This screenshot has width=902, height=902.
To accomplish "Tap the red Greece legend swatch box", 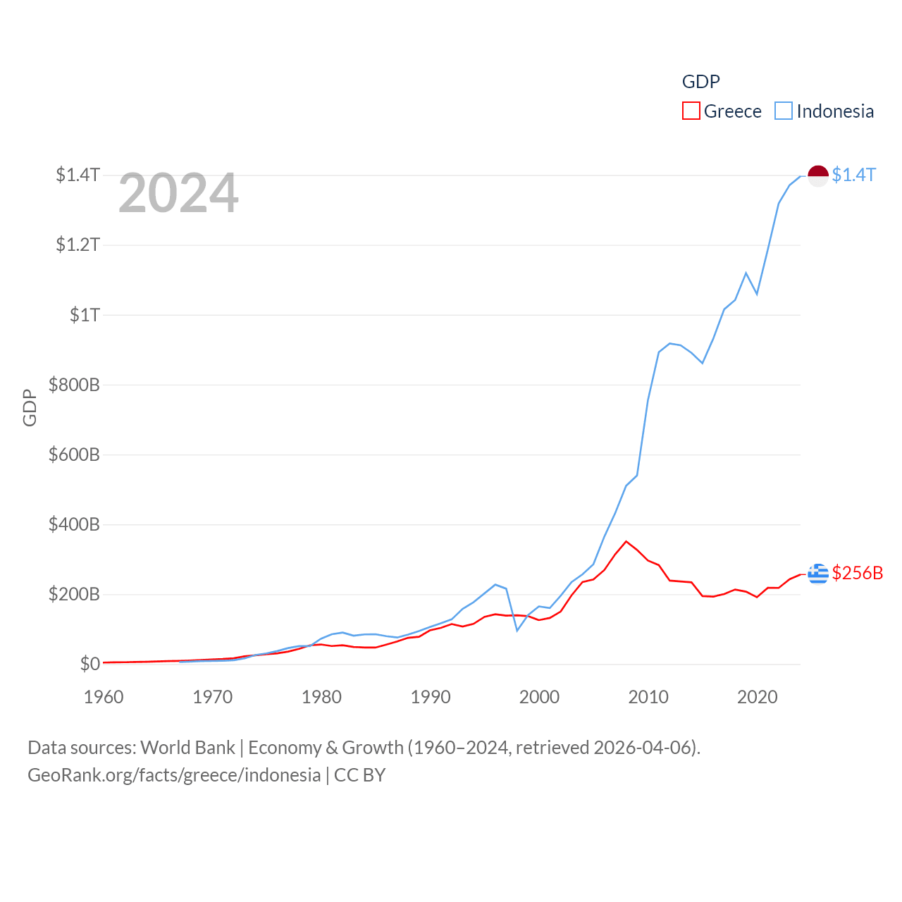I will (691, 111).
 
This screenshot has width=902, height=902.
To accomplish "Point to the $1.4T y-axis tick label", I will (78, 175).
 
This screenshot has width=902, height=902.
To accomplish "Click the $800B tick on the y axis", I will (74, 385).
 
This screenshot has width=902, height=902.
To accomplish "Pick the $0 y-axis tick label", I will (89, 664).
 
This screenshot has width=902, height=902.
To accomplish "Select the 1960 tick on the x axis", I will (104, 697).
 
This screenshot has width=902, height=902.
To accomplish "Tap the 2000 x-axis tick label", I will (539, 697).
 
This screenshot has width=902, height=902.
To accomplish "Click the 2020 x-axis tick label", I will (757, 697).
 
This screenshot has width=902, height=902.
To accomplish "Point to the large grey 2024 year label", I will (178, 193).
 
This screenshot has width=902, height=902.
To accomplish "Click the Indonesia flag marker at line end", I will (817, 176).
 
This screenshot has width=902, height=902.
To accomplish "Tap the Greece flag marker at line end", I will (817, 574).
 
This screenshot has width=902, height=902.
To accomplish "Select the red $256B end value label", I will (857, 573).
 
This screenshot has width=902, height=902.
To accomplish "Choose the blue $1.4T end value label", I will (853, 175).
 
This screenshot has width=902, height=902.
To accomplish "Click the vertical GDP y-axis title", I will (30, 407).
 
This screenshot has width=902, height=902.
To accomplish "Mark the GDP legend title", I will (700, 82).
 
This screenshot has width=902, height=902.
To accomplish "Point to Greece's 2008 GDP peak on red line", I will (626, 541).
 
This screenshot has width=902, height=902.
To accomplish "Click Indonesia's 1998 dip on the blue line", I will (517, 630).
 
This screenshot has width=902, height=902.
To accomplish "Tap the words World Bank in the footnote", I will (187, 747).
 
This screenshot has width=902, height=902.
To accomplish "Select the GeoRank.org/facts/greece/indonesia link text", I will (174, 775).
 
